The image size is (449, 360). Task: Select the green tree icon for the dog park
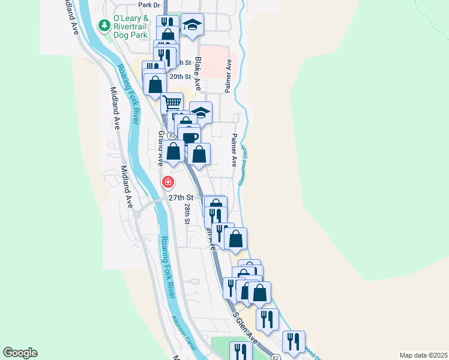pos(105,25)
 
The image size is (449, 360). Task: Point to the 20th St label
pos(179,77)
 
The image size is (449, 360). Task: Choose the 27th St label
pos(181,197)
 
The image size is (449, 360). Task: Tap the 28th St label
pos(188,214)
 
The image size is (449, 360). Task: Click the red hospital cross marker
pos(168,181)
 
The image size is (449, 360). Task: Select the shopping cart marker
pos(172,103)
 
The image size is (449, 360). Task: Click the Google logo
pos(20,353)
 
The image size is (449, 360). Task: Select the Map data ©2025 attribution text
pos(423,355)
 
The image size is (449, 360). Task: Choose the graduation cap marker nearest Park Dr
pos(192,25)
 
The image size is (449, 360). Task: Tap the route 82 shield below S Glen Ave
pos(275,356)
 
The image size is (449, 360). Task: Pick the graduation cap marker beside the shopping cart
pos(201,112)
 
